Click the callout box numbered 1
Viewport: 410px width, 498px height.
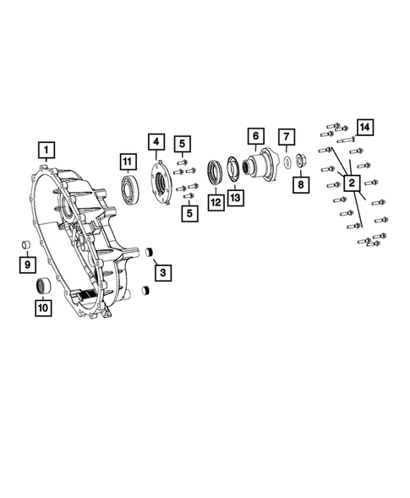tap(47, 151)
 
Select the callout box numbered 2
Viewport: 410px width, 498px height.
tap(349, 181)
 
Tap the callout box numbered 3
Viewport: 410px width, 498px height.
tap(163, 271)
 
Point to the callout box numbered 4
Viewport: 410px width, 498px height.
tap(156, 140)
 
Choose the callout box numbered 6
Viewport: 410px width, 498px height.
tap(253, 135)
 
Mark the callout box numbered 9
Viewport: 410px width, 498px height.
tap(28, 265)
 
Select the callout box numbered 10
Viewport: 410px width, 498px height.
tap(42, 309)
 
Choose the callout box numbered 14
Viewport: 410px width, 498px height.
tap(364, 127)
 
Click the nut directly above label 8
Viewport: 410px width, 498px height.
tap(300, 162)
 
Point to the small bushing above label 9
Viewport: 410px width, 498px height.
tap(27, 246)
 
